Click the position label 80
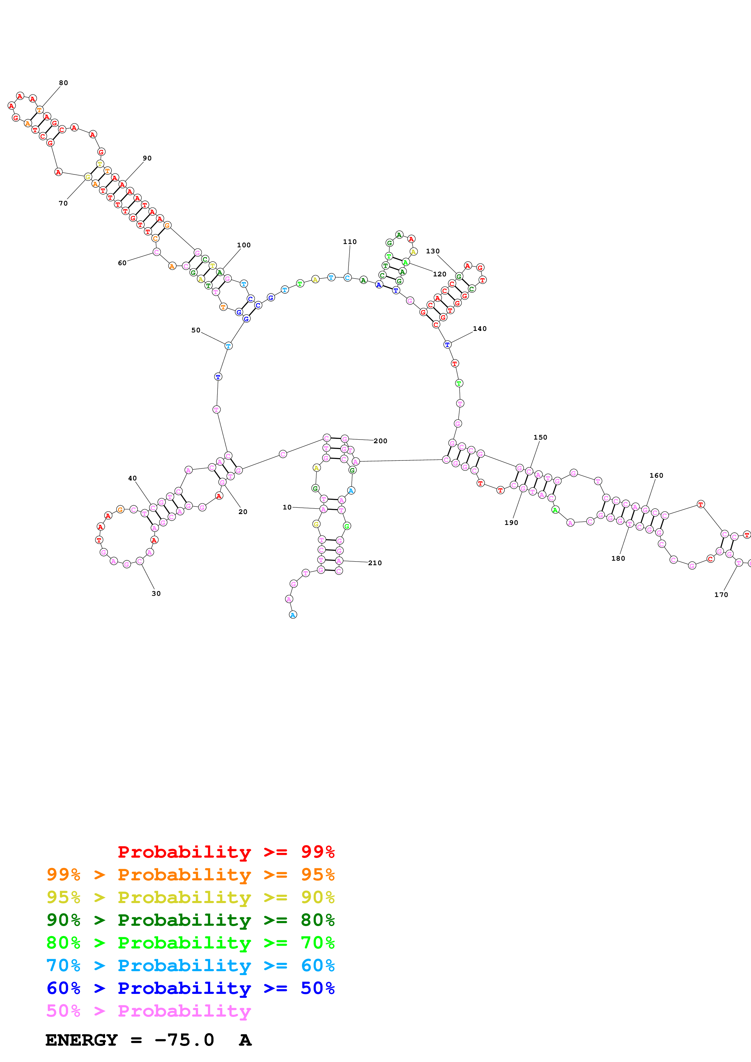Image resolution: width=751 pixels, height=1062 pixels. coord(63,83)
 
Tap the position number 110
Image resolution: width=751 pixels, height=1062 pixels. coord(350,242)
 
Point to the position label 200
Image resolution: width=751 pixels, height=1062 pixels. coord(380,441)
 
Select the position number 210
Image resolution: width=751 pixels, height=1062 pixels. coord(375,563)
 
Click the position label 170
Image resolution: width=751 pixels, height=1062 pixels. coord(721,595)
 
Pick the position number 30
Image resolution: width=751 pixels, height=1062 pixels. coord(156,593)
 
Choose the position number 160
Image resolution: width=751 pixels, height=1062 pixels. coord(656,476)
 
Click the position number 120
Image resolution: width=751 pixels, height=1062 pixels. coord(439,274)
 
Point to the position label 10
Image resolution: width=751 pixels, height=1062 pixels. coord(287,507)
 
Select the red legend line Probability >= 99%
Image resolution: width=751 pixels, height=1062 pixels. coord(226,852)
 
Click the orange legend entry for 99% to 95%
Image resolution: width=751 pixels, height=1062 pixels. coord(190,874)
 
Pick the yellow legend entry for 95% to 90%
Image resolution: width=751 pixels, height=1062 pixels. coord(190,897)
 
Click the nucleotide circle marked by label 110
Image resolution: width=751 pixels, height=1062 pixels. coord(347,278)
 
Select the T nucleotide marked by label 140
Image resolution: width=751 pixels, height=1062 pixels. coord(447,345)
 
